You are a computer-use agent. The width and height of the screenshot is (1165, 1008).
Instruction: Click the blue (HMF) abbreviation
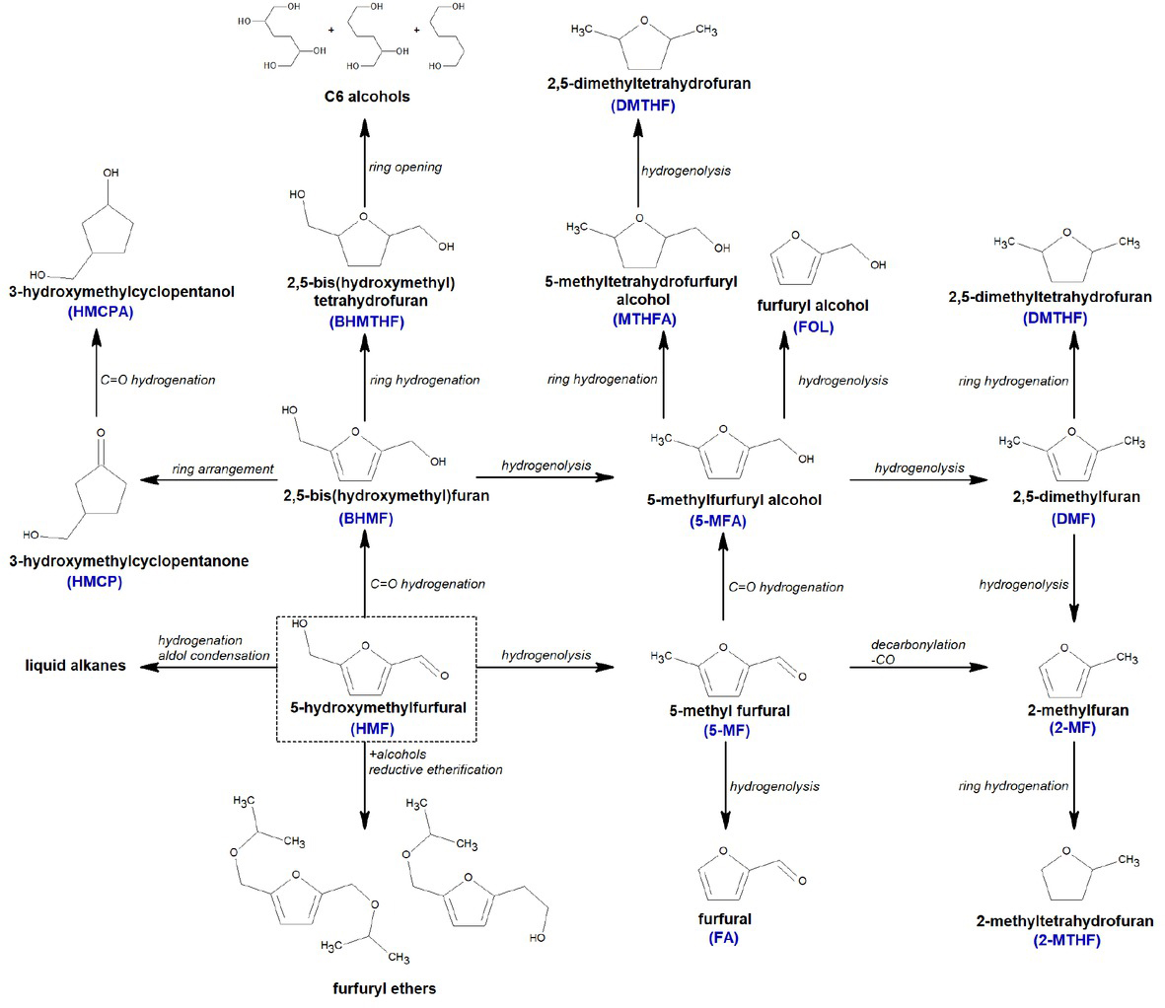(372, 729)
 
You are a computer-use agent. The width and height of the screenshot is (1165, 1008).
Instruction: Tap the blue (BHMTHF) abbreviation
(365, 322)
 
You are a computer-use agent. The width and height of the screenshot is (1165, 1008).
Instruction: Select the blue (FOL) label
(813, 326)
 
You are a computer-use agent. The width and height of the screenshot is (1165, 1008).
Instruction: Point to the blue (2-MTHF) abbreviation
(1066, 940)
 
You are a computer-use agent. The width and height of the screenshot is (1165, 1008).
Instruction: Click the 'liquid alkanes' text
(76, 666)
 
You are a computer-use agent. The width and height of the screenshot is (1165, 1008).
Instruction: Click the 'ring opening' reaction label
(405, 167)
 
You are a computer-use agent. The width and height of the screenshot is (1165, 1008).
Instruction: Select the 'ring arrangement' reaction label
(222, 468)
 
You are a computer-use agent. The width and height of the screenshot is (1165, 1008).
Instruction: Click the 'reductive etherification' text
(435, 769)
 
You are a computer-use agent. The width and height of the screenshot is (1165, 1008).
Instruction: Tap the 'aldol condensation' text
(214, 656)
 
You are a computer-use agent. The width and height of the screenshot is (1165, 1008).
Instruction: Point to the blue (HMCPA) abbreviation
(101, 312)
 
